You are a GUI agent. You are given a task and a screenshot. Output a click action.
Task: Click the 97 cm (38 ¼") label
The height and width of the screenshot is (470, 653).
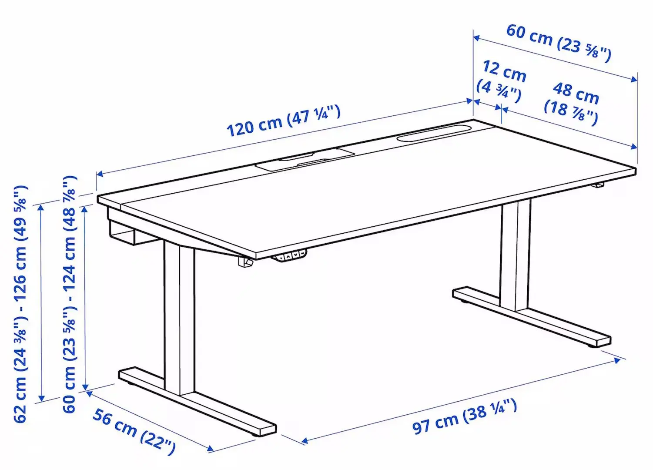click(x=465, y=416)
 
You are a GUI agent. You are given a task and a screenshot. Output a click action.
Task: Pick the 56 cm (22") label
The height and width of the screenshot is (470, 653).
click(x=134, y=431)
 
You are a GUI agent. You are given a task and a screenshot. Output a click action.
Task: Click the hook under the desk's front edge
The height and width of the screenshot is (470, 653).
click(x=245, y=262)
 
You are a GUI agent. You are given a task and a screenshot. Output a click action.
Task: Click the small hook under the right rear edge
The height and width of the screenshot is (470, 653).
click(x=599, y=186)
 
